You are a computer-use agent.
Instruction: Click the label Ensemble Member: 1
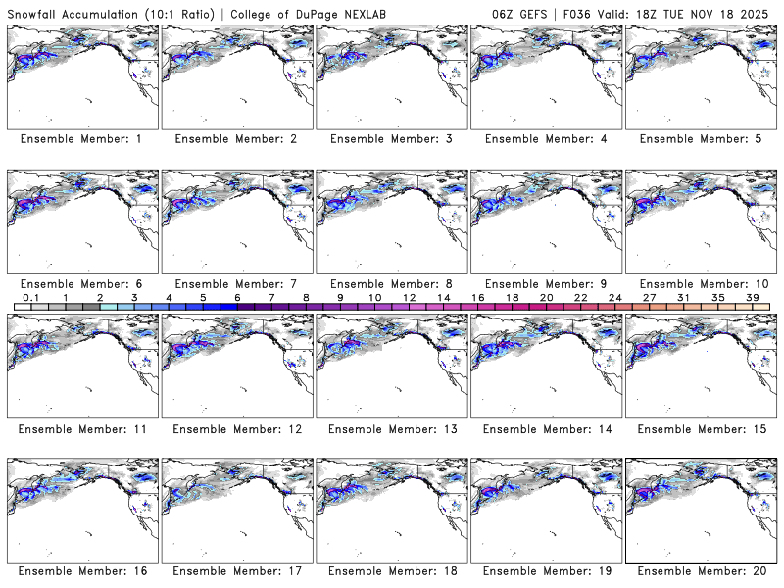80,139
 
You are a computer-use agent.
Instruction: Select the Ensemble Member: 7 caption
234,283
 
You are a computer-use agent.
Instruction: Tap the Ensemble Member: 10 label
699,283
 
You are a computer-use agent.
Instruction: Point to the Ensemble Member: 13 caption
390,428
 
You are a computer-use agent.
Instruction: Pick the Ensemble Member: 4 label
544,139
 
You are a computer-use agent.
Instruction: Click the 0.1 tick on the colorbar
31,297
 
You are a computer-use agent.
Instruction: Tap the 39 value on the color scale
753,297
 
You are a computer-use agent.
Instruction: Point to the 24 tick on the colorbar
614,297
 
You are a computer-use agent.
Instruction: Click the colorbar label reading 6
237,297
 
